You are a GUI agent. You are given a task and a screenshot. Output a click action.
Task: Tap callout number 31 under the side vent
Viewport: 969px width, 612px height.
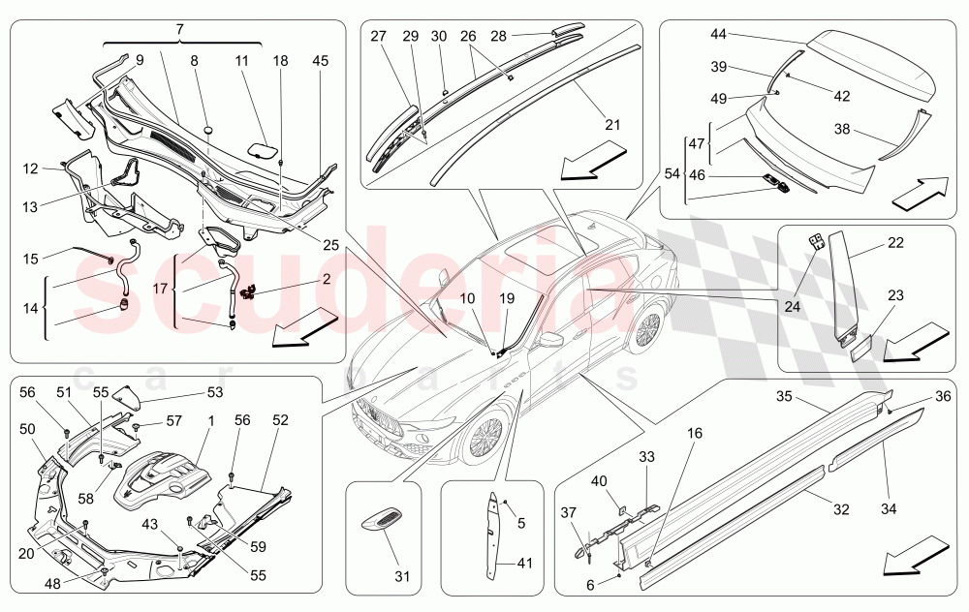click(x=402, y=577)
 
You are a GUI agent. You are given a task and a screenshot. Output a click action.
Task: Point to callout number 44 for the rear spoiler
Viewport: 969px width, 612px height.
click(x=718, y=34)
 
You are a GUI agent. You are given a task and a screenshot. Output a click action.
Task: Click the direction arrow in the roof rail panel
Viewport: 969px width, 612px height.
click(x=592, y=160)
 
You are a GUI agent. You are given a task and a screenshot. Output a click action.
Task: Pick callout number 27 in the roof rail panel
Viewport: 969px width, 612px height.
click(x=378, y=36)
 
